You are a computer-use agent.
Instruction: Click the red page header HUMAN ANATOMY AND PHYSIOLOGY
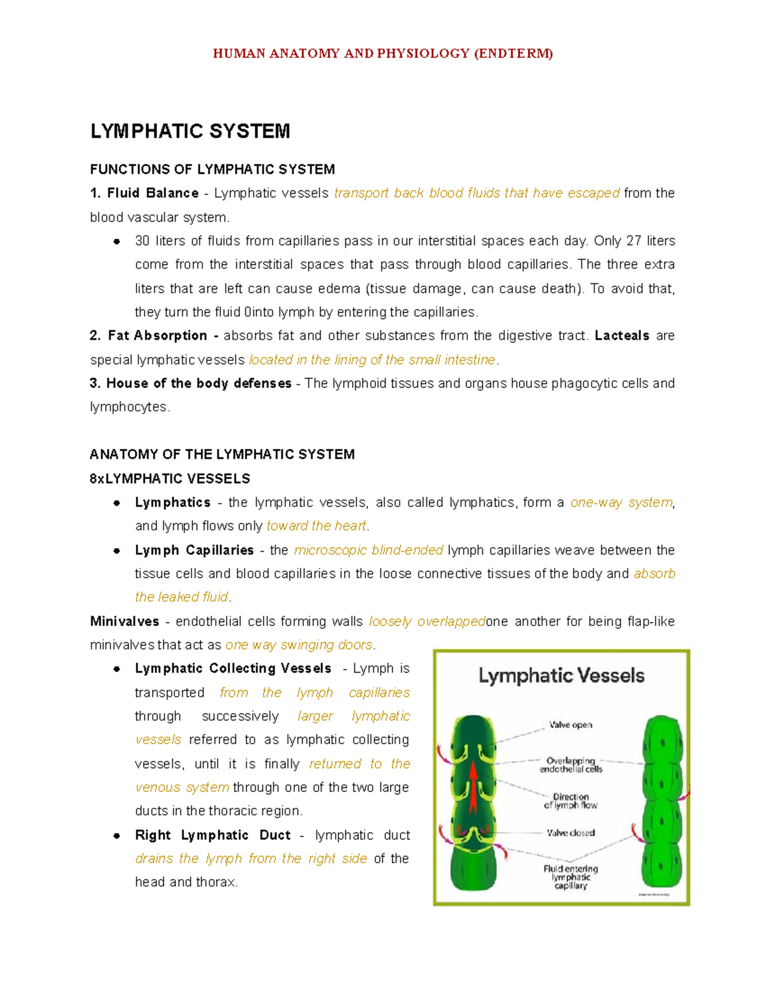(x=382, y=54)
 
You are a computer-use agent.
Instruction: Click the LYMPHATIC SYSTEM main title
(x=190, y=132)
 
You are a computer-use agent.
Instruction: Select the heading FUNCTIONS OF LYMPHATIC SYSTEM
(x=213, y=169)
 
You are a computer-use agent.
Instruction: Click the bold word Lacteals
(x=622, y=336)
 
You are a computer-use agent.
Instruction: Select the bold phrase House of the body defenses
(x=199, y=383)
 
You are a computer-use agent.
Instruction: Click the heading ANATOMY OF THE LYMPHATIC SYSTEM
(x=222, y=455)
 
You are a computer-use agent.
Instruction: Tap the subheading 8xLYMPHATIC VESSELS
(x=170, y=478)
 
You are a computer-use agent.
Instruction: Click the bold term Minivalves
(x=124, y=622)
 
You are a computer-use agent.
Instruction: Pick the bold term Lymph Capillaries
(x=194, y=550)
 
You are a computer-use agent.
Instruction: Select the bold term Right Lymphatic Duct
(x=213, y=836)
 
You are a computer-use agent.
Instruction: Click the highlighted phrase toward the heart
(x=316, y=526)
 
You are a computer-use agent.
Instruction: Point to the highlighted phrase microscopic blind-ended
(x=368, y=550)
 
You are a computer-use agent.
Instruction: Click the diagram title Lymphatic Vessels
(x=561, y=676)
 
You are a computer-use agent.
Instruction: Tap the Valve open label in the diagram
(x=571, y=725)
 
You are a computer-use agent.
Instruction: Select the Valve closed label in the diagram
(x=571, y=833)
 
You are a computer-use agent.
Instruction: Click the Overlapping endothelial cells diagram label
(x=571, y=765)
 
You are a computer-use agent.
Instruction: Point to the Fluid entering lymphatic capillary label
(x=571, y=877)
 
